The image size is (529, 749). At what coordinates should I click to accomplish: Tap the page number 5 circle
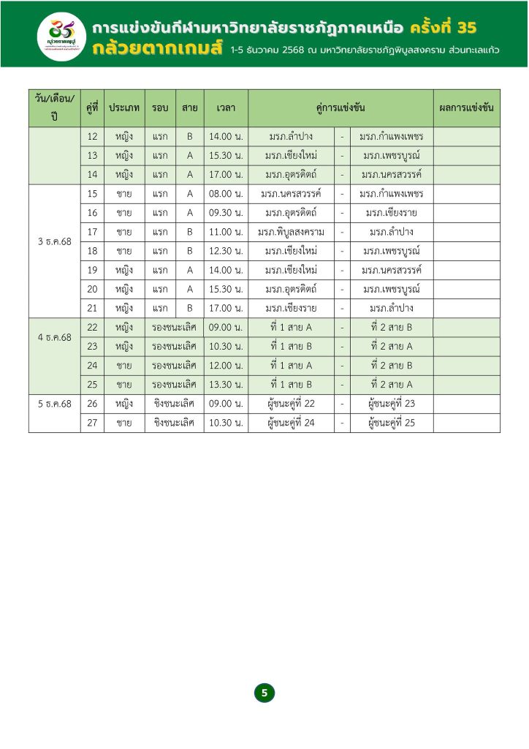[264, 693]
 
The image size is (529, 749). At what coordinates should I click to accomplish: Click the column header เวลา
[226, 108]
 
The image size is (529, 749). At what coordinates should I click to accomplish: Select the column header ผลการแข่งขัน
[466, 108]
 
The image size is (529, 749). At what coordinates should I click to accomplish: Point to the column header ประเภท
[124, 108]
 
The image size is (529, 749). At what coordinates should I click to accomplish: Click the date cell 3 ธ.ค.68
[55, 241]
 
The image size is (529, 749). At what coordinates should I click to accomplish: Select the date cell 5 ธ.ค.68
[55, 403]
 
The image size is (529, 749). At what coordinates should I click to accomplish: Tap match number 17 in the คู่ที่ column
[92, 232]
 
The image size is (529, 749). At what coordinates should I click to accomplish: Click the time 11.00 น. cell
[226, 232]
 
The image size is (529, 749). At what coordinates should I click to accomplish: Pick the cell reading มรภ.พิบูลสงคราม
[291, 232]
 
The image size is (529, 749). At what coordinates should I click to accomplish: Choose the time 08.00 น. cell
[226, 194]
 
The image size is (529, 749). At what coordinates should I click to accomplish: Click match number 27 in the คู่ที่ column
[92, 422]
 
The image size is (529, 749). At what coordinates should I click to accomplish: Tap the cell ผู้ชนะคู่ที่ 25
[392, 422]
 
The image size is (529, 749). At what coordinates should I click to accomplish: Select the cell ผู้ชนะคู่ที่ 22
[291, 403]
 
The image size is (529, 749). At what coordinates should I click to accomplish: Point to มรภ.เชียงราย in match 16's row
[392, 213]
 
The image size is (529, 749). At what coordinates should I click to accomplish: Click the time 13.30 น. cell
[226, 384]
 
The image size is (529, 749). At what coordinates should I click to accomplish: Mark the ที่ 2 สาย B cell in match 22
[392, 327]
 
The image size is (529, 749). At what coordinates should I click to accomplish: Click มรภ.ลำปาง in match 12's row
[291, 137]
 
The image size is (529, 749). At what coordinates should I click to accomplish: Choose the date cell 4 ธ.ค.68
[55, 337]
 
